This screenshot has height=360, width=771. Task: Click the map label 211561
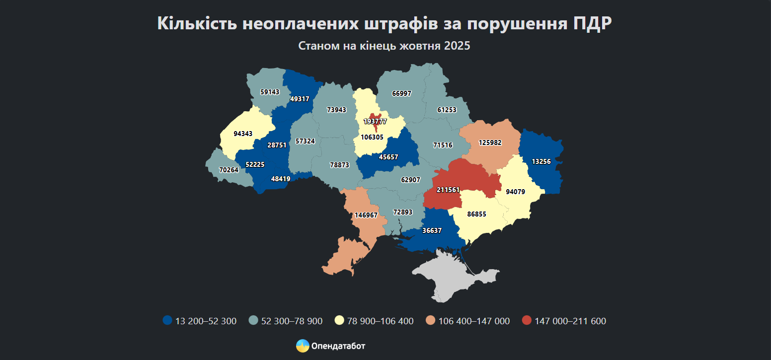click(x=448, y=190)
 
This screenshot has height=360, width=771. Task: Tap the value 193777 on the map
click(x=375, y=121)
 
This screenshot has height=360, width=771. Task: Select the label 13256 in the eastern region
click(x=540, y=161)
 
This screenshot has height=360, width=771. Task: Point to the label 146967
click(x=366, y=215)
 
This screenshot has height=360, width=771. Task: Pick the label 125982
click(x=490, y=143)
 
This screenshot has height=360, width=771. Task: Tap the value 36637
click(x=432, y=230)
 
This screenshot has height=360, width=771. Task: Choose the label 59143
click(x=270, y=92)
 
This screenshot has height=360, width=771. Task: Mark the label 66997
click(x=401, y=93)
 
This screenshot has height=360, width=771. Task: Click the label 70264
click(x=229, y=169)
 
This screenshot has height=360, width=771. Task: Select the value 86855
click(x=477, y=214)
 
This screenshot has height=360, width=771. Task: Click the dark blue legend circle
click(x=167, y=321)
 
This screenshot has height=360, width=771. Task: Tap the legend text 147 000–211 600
click(x=570, y=321)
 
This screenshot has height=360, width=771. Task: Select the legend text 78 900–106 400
click(x=380, y=321)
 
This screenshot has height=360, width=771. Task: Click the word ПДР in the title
click(x=591, y=24)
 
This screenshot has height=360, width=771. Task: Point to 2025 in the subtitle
click(x=457, y=46)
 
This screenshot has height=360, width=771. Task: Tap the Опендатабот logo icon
click(x=303, y=346)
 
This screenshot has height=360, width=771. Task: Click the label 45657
click(x=388, y=157)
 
